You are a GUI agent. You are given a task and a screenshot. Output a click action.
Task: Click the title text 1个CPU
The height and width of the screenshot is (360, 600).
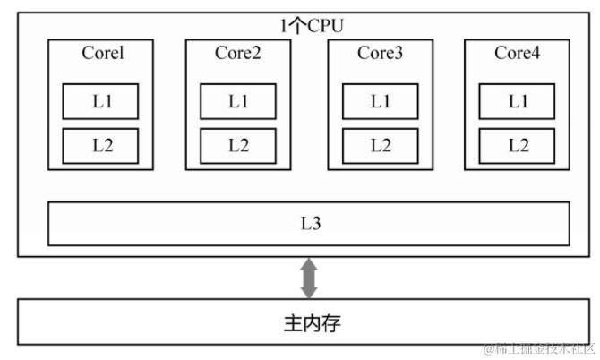[310, 26]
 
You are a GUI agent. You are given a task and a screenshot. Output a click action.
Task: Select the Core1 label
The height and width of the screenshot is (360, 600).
[102, 54]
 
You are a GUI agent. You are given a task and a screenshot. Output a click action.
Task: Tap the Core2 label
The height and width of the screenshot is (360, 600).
[238, 54]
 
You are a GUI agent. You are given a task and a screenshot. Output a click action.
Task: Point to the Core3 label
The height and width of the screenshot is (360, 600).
[381, 54]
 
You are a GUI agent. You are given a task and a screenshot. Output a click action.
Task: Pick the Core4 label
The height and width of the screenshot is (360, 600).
[518, 54]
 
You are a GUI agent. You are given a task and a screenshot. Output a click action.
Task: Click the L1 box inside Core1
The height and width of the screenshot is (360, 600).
[101, 101]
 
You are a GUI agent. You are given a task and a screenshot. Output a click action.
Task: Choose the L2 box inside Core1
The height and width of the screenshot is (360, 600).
[101, 145]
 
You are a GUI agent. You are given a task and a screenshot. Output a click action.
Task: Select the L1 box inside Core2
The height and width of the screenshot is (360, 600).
[238, 101]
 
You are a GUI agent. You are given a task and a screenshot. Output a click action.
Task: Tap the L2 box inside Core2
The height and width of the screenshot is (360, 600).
[238, 145]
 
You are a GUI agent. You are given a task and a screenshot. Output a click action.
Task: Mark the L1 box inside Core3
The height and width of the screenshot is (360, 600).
[381, 101]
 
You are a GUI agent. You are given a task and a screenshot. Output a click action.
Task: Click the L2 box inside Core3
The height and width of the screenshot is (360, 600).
[381, 145]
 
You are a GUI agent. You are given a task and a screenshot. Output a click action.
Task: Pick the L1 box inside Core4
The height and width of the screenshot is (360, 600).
[518, 101]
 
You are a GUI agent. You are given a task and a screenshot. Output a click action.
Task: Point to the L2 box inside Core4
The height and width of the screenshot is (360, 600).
[518, 145]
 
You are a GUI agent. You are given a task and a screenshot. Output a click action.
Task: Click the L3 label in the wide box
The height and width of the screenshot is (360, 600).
[310, 223]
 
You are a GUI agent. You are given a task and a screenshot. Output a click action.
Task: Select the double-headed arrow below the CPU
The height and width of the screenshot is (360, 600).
[310, 278]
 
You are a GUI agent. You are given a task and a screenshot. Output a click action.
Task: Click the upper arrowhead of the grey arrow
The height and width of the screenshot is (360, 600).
[310, 266]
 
